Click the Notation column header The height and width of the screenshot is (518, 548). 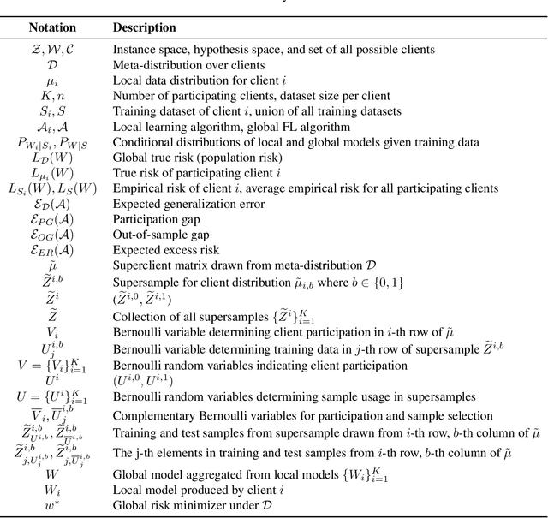click(x=56, y=27)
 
